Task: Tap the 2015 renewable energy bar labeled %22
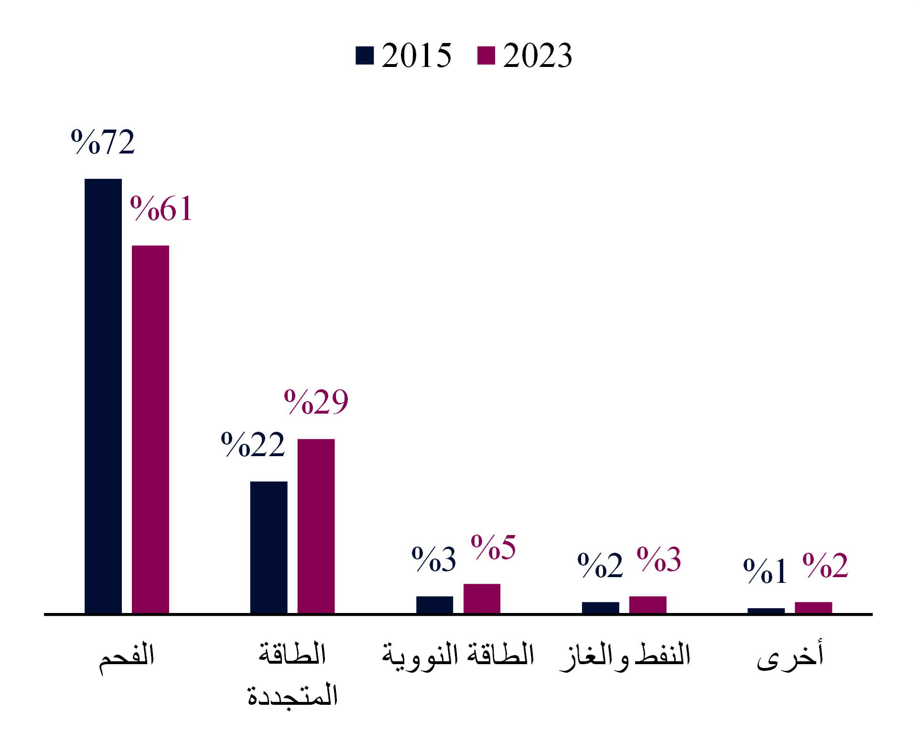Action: click(269, 547)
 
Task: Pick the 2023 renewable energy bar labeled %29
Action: click(316, 526)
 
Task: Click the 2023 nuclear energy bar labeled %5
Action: click(482, 598)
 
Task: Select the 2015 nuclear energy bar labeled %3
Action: click(434, 604)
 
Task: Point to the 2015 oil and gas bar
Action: click(600, 607)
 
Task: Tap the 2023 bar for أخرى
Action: click(813, 607)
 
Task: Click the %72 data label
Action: click(103, 142)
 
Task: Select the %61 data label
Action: click(162, 209)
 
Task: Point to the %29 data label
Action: click(316, 402)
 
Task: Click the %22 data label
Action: click(253, 445)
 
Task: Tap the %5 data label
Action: click(493, 547)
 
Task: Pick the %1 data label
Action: click(765, 571)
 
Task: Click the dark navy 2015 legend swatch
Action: click(365, 55)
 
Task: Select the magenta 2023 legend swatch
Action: click(486, 55)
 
